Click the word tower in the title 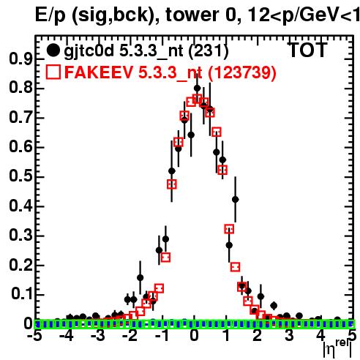[192, 15]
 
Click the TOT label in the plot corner [308, 50]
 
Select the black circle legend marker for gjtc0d [53, 50]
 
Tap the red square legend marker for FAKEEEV [53, 72]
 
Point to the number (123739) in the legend [242, 72]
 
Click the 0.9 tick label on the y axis [20, 59]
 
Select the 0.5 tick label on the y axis [20, 176]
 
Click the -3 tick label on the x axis [97, 335]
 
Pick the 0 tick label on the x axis [194, 335]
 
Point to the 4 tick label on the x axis [321, 335]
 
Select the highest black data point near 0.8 [197, 88]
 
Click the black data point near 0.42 [235, 200]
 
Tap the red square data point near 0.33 [229, 229]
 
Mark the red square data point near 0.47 [172, 184]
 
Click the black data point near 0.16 [140, 277]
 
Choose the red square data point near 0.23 [165, 258]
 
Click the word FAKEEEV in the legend [99, 72]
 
